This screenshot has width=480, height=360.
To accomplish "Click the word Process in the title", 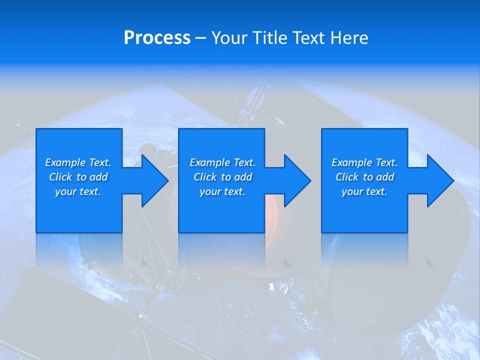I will [x=157, y=38].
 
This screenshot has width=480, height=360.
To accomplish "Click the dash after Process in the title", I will [x=200, y=38].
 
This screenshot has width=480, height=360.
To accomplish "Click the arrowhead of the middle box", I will [x=297, y=180].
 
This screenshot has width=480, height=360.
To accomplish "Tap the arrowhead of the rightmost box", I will [x=439, y=180].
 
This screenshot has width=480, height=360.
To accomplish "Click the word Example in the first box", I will [x=65, y=162].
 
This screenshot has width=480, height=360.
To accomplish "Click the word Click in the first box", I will [x=60, y=177].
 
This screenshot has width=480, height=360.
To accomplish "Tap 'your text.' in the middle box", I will [x=222, y=191].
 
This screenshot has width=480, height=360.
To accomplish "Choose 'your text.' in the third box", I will [x=364, y=191].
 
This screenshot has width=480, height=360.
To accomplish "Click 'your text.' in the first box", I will [x=78, y=191].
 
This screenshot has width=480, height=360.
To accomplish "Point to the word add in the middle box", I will [x=243, y=177].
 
